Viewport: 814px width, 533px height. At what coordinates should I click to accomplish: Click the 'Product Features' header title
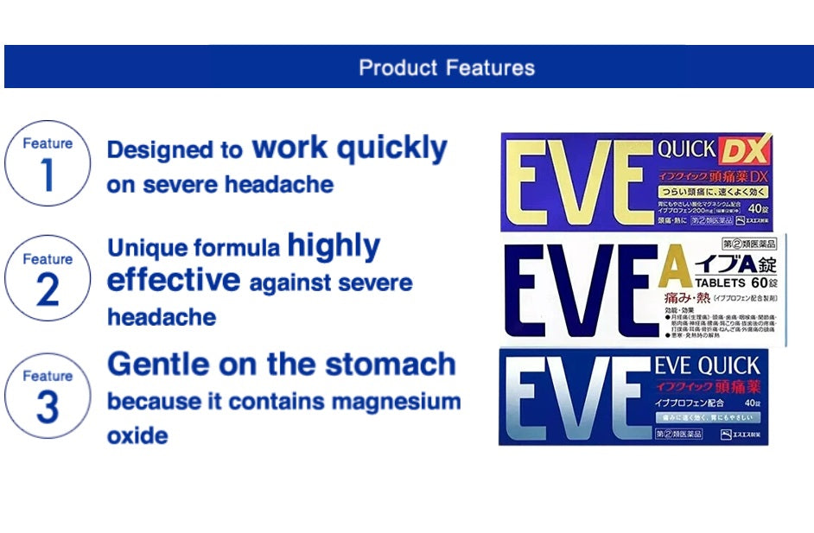point(447,67)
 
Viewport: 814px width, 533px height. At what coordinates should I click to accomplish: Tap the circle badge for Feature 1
point(48,163)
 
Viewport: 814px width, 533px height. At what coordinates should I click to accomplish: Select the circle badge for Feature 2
point(48,279)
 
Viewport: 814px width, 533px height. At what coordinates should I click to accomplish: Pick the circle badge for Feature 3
point(48,396)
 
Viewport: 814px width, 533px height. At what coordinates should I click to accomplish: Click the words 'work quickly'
point(349,149)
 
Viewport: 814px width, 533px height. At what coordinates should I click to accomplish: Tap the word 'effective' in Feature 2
point(173,281)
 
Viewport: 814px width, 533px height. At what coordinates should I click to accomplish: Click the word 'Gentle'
point(153,365)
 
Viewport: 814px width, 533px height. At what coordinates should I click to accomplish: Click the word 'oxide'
point(137,435)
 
